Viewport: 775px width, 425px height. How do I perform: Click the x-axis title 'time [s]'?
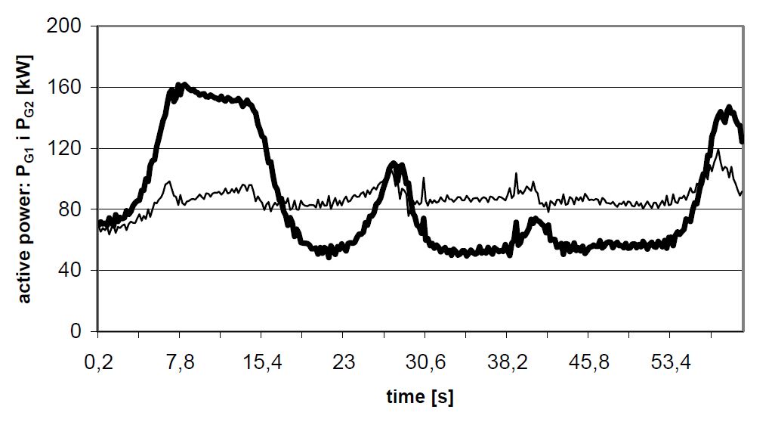[x=420, y=396]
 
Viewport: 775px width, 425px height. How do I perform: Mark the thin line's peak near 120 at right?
[x=717, y=150]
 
